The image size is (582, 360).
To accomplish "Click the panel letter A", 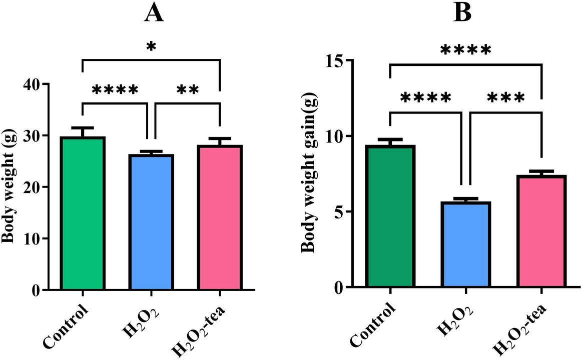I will [x=154, y=13].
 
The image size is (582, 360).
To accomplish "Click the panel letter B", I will [x=462, y=13].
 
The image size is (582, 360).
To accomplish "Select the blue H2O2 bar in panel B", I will [x=466, y=244].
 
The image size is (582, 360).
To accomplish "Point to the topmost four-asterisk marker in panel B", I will [x=465, y=50].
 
